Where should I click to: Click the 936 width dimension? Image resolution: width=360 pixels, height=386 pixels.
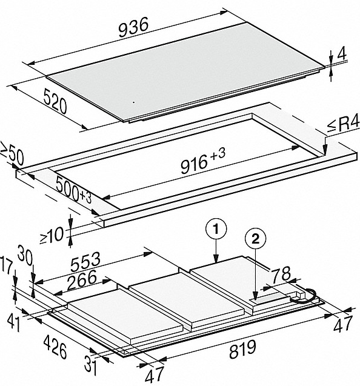[x=133, y=27]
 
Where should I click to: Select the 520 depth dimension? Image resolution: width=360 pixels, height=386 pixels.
[x=55, y=101]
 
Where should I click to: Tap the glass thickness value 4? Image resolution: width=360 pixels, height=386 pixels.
[x=342, y=54]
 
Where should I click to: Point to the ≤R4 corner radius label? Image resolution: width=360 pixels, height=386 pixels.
[x=343, y=125]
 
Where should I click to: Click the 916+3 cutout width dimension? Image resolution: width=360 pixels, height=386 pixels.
[x=202, y=161]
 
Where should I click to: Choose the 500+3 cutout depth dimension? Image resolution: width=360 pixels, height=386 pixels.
[x=73, y=190]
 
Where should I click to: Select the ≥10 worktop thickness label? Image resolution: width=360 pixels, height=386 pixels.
[x=52, y=235]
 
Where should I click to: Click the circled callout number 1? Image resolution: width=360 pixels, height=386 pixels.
[x=216, y=230]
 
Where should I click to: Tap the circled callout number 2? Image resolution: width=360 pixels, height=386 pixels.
[x=256, y=239]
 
